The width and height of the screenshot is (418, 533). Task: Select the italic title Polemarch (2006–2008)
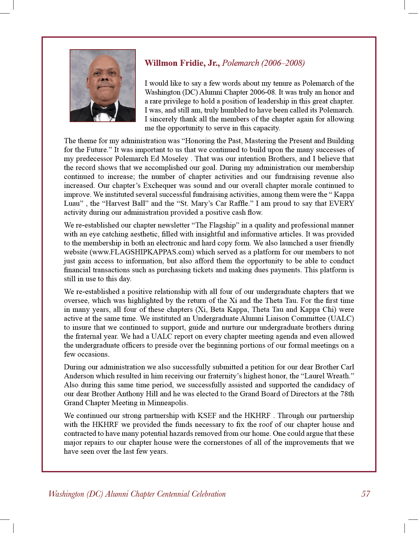[x=263, y=63]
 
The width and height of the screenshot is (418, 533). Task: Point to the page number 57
[x=366, y=494]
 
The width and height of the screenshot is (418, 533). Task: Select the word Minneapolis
[x=167, y=403]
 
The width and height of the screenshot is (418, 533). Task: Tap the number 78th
[x=347, y=394]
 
